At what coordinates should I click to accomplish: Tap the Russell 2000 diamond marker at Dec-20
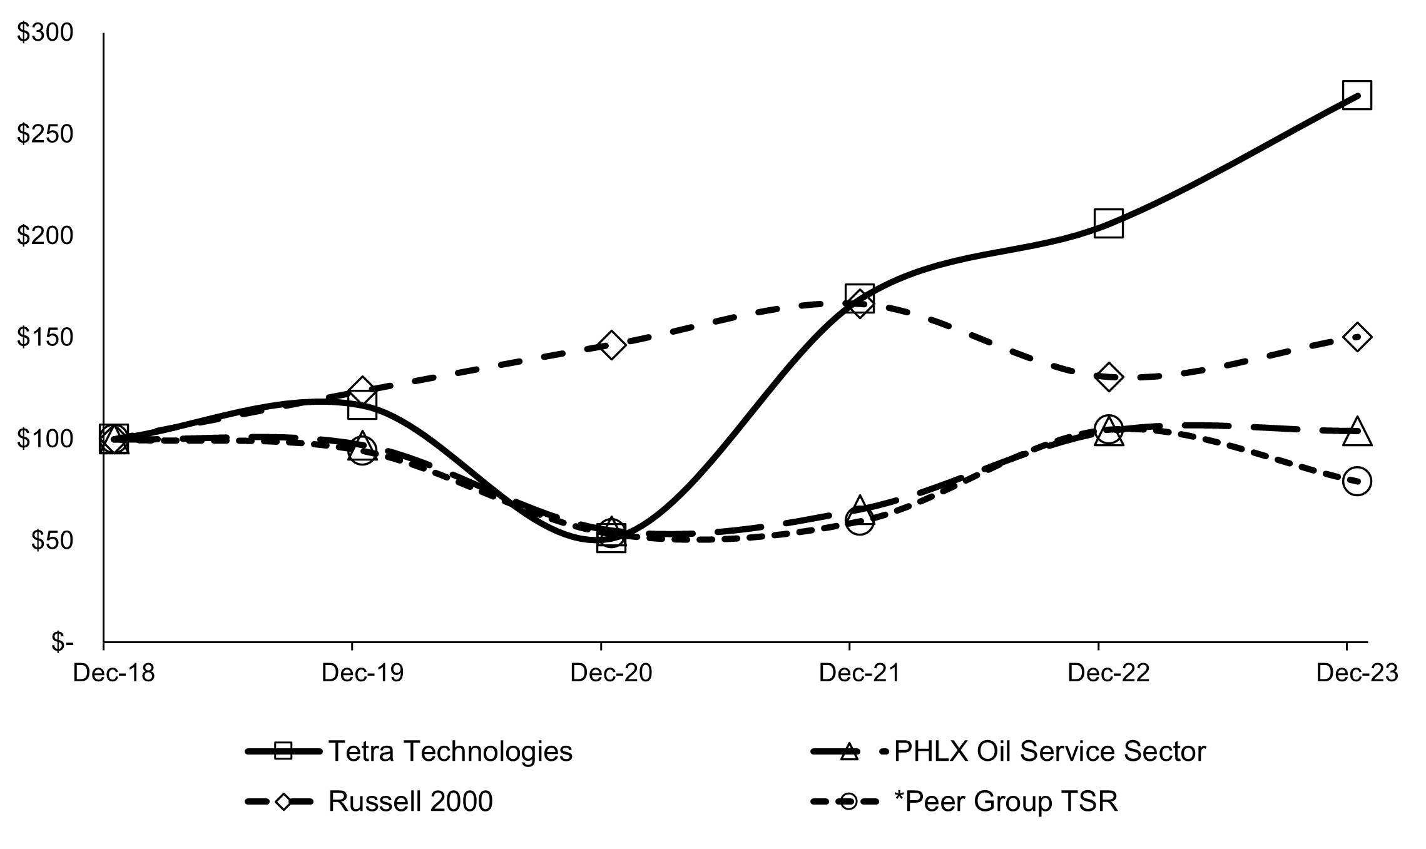[x=611, y=345]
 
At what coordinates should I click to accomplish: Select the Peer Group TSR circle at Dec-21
[x=860, y=521]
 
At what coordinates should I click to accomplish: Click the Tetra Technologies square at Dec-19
[x=362, y=404]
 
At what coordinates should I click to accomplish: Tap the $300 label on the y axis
[x=45, y=33]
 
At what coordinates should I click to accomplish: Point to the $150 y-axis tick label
[x=45, y=338]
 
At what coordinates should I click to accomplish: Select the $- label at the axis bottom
[x=62, y=642]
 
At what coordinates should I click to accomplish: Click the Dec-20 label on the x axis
[x=611, y=673]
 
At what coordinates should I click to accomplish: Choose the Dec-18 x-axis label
[x=114, y=673]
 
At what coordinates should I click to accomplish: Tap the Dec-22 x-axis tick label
[x=1109, y=673]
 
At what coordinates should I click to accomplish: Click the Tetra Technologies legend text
[x=450, y=751]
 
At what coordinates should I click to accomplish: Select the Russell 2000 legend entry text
[x=410, y=801]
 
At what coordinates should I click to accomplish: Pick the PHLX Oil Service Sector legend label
[x=1049, y=751]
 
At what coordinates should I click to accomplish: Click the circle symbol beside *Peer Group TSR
[x=848, y=801]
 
